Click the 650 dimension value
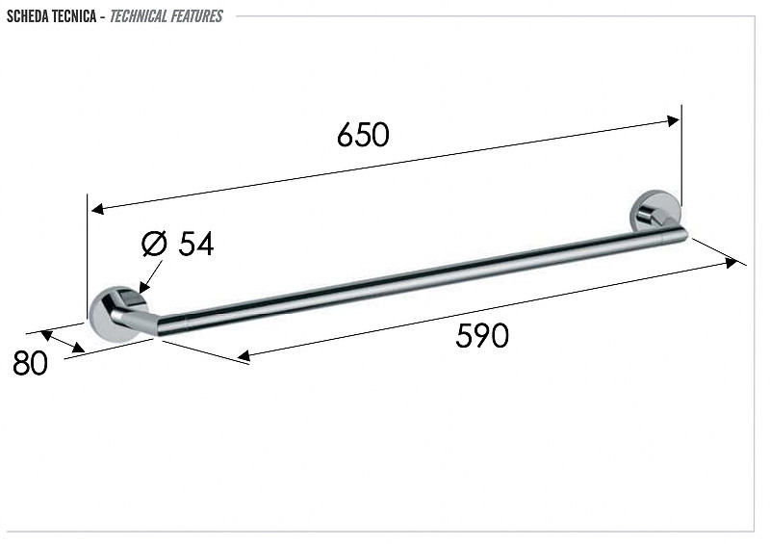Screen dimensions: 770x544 pyautogui.click(x=363, y=135)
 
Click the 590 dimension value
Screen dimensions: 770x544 pyautogui.click(x=482, y=336)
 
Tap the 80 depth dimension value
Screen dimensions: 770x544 pyautogui.click(x=30, y=363)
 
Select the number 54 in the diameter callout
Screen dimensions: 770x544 pyautogui.click(x=196, y=244)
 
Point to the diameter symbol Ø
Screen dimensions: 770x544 pyautogui.click(x=154, y=244)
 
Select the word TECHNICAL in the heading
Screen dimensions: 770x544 pyautogui.click(x=138, y=16)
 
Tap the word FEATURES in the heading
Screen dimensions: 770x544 pyautogui.click(x=196, y=16)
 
